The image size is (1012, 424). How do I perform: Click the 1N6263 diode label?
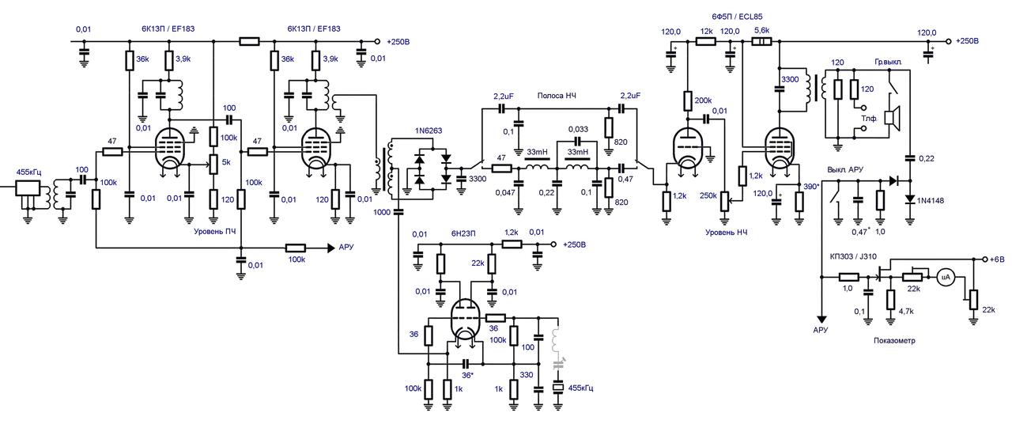point(429,131)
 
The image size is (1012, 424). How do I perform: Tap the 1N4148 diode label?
point(931,200)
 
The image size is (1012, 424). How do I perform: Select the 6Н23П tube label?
point(463,233)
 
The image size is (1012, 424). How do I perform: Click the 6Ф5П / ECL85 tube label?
point(737,17)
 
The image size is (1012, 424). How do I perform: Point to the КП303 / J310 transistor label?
point(853,256)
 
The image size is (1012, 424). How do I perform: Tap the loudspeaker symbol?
point(893,119)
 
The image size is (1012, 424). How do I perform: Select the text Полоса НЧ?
point(557,96)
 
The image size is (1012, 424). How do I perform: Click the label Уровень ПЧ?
point(215,232)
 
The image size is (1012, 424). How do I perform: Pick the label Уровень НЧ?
point(727,233)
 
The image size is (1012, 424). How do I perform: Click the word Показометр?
point(894,340)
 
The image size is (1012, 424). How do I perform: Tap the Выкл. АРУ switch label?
point(845,170)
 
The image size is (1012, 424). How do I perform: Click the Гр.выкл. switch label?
point(888,62)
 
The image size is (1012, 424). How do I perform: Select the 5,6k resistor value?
point(762,30)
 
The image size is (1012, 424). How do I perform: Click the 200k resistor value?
point(703,100)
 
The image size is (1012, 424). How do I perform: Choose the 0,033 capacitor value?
point(578,129)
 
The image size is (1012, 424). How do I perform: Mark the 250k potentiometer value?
point(708,195)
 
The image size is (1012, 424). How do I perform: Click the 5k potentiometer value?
point(226,162)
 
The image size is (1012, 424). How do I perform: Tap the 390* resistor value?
point(811,187)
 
